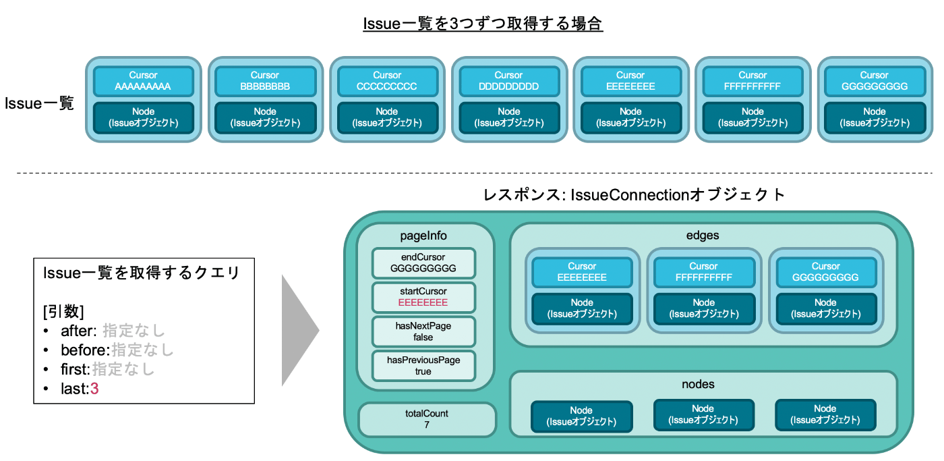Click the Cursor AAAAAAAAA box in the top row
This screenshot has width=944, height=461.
click(143, 81)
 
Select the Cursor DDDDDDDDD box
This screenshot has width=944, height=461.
click(509, 81)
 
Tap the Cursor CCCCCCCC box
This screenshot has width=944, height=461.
click(387, 81)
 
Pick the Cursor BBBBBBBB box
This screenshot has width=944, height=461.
click(265, 81)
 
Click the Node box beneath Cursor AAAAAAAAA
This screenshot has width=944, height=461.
click(143, 117)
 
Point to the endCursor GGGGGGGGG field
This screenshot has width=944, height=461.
click(423, 263)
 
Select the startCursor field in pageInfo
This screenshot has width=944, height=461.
click(423, 297)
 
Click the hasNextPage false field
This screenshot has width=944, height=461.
click(423, 331)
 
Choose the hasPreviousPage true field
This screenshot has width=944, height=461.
click(423, 366)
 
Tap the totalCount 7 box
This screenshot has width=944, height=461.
click(427, 419)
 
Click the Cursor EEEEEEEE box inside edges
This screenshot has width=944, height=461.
click(582, 272)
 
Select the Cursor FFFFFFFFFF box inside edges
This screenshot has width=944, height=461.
click(704, 272)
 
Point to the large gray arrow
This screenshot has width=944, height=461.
click(300, 330)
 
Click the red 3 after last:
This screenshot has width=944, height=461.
click(94, 389)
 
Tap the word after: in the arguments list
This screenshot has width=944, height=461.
click(79, 331)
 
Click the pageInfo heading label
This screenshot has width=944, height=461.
click(423, 236)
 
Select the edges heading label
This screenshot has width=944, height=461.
click(703, 236)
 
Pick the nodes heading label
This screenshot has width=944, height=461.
click(698, 384)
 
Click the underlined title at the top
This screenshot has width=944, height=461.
click(483, 24)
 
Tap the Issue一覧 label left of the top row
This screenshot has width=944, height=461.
click(39, 103)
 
